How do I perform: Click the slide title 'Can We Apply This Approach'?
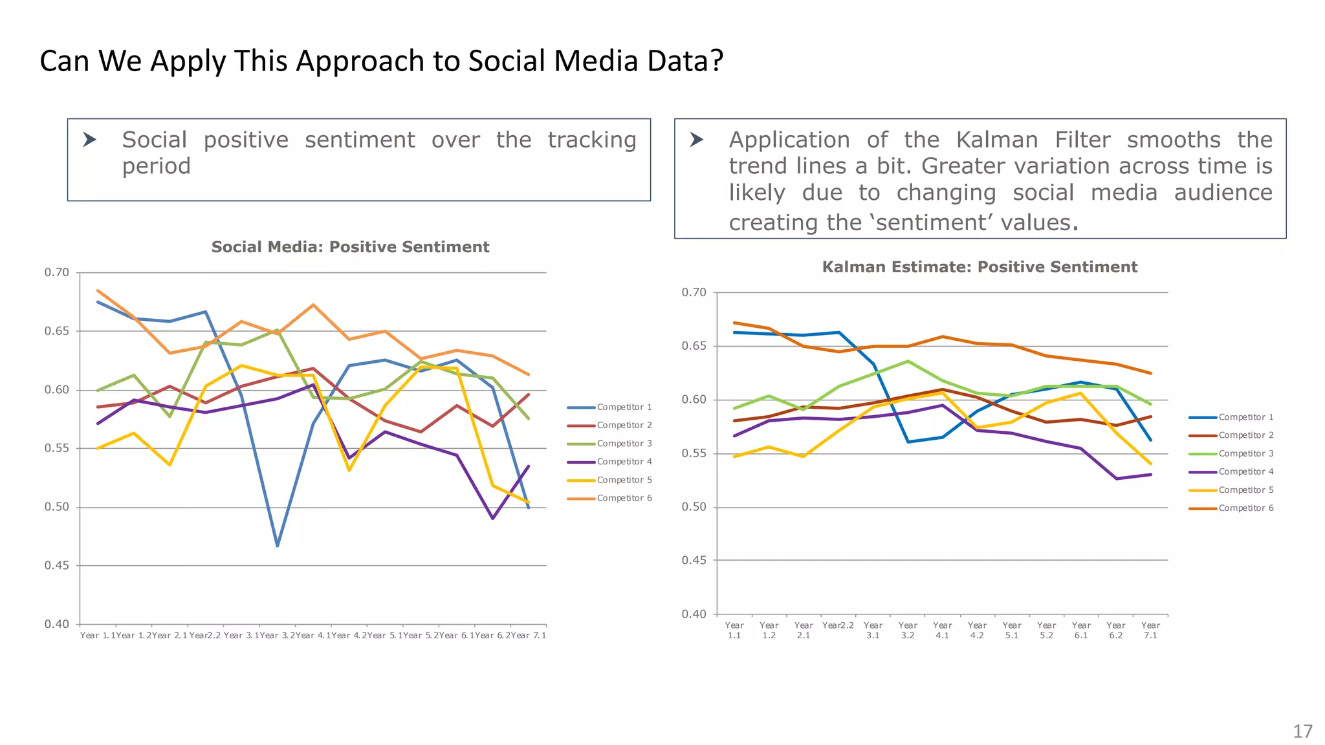[381, 61]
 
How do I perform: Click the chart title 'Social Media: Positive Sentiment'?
[350, 247]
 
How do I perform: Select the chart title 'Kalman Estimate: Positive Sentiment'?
[980, 267]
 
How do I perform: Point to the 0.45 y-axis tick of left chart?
[56, 566]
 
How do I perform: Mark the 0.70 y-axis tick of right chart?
[694, 293]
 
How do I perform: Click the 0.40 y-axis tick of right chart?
[694, 614]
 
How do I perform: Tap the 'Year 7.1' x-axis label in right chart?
[1150, 631]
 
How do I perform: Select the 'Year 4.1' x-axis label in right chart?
[942, 631]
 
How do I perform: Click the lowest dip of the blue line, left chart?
[278, 546]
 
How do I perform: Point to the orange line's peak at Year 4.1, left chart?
[313, 305]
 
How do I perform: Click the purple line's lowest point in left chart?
[493, 518]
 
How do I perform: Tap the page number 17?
[1302, 731]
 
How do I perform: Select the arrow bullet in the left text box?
[90, 140]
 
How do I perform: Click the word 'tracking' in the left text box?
[592, 140]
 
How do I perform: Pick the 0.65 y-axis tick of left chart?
[56, 331]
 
